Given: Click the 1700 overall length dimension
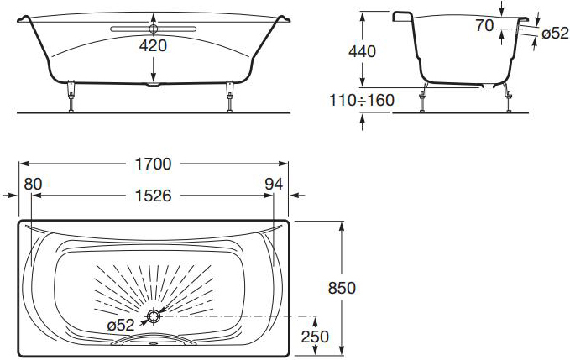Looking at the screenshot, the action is [153, 164].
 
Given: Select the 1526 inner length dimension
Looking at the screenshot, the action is [153, 196].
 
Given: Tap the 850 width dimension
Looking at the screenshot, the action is [342, 288].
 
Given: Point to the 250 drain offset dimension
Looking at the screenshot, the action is [315, 337].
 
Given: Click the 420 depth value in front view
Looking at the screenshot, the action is [153, 46].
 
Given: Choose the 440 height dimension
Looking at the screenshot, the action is [362, 51].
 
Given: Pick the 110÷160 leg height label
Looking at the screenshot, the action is [362, 100].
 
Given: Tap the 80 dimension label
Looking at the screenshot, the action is [33, 184].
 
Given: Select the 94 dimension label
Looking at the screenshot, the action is [274, 184].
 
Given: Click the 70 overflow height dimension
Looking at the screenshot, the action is [484, 26].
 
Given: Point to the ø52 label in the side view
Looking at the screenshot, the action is [555, 34].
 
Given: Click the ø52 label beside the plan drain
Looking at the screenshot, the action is [121, 325].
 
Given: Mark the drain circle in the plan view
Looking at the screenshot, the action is [154, 316].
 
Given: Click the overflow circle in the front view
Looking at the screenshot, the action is [154, 29].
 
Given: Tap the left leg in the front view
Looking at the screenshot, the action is [71, 97].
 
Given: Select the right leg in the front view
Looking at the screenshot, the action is [229, 97].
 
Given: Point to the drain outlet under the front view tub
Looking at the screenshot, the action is [153, 85].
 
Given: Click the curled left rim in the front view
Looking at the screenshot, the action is [23, 19].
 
